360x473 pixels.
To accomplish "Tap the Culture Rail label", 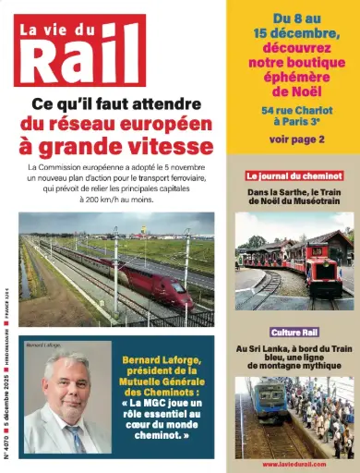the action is (294, 332).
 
